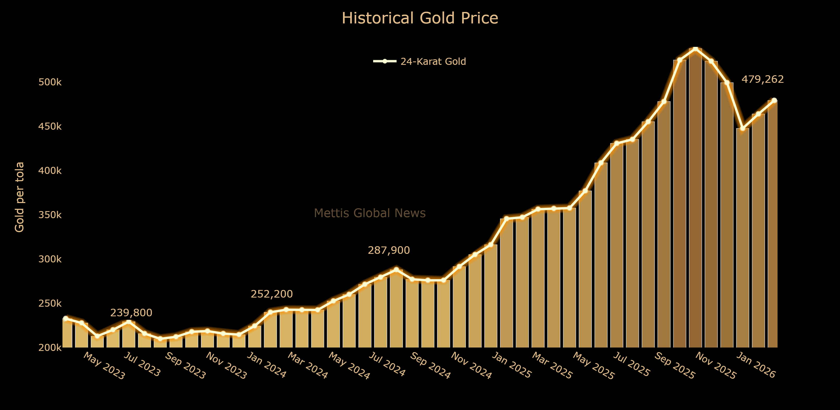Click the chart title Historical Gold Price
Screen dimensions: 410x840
coord(420,18)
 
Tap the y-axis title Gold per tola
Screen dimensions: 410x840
coord(20,197)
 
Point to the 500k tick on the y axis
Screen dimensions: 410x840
coord(50,82)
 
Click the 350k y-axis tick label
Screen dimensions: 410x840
coord(50,215)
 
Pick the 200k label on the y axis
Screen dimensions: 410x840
coord(50,348)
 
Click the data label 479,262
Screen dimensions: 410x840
coord(762,79)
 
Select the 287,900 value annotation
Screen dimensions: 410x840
coord(389,250)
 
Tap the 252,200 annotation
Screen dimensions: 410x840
coord(272,294)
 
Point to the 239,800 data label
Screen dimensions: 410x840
coord(131,313)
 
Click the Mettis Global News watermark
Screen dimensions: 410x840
coord(370,213)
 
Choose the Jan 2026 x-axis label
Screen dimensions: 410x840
coord(756,365)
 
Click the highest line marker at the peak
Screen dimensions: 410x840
coord(695,49)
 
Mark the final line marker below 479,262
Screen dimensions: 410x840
coord(774,100)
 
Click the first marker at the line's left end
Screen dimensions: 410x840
coord(66,318)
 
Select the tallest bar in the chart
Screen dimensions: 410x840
coord(695,196)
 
